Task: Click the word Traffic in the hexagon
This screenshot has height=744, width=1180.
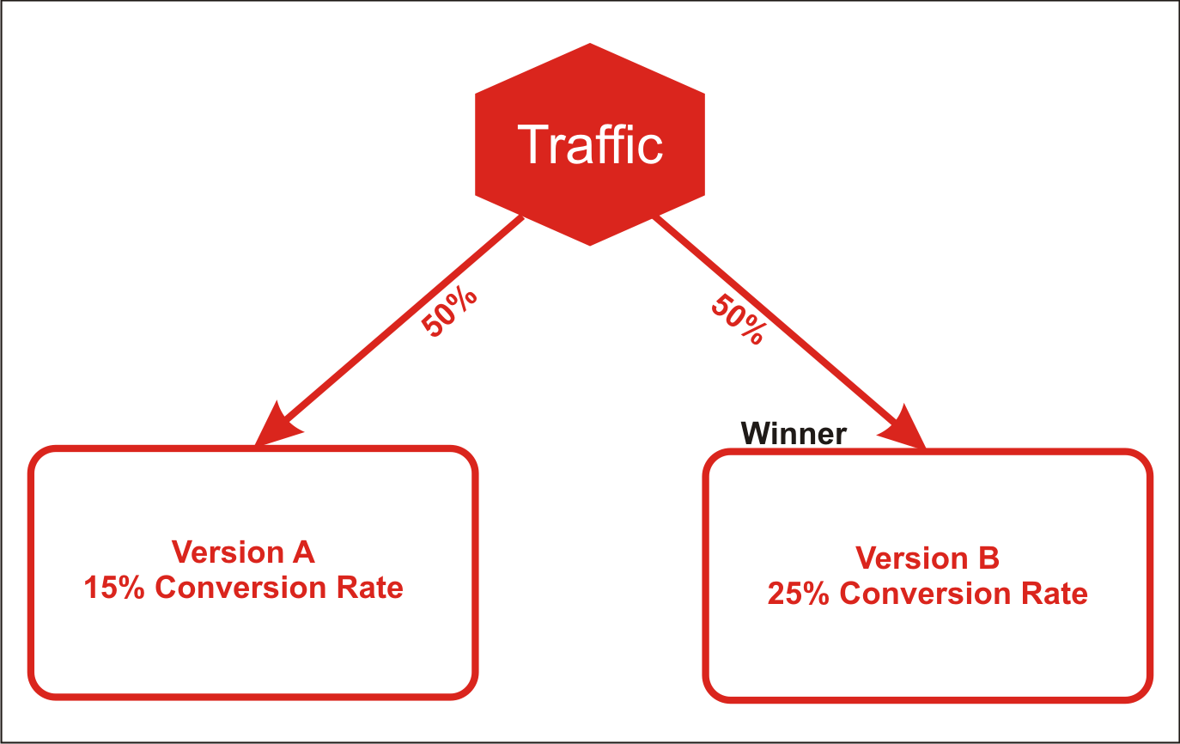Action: click(590, 144)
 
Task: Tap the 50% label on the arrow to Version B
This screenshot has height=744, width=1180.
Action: click(738, 320)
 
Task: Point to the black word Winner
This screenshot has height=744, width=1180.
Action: click(794, 434)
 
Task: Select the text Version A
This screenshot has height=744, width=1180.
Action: click(243, 552)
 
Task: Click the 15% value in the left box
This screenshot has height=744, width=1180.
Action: click(114, 588)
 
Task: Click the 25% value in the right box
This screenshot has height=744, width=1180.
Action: click(799, 594)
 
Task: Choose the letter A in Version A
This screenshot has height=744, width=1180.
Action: click(303, 552)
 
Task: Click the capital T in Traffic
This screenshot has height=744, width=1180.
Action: click(532, 144)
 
